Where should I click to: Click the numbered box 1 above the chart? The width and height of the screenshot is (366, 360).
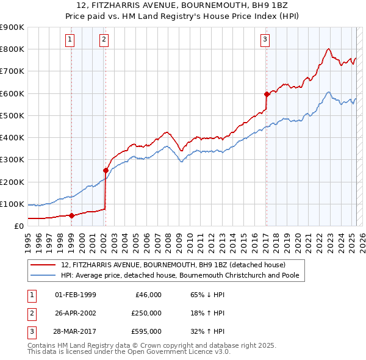(x=71, y=40)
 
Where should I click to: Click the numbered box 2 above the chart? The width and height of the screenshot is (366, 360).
(x=104, y=40)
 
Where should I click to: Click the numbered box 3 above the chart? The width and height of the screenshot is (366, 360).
(x=265, y=40)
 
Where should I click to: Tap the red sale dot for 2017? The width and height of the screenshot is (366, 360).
(x=267, y=94)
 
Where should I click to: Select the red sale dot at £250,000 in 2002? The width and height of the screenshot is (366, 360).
(x=106, y=170)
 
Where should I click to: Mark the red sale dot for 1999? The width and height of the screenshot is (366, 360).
(x=71, y=215)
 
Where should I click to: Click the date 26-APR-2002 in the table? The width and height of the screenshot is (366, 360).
(x=75, y=313)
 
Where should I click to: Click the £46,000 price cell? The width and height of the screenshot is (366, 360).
(x=147, y=295)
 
